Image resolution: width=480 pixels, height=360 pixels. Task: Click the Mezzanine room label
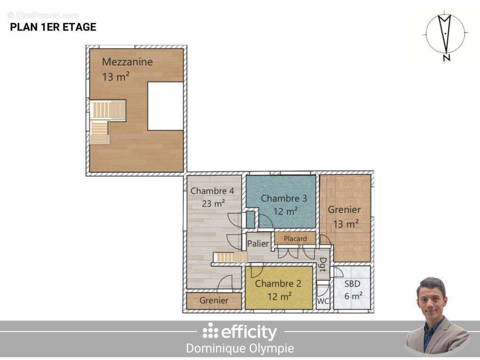tap(127, 62)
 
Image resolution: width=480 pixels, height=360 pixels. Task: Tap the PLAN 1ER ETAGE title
tap(53, 27)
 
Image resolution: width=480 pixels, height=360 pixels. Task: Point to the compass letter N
tap(447, 57)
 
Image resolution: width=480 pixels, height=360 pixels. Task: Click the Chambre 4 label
tap(212, 191)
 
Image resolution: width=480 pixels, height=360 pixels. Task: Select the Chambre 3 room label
tap(284, 198)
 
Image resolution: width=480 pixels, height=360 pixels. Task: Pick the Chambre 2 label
tap(278, 283)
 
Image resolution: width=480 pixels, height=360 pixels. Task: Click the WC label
tap(323, 301)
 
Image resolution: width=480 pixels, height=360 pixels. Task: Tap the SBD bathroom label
tap(353, 284)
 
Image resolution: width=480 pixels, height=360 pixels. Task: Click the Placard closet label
tap(295, 238)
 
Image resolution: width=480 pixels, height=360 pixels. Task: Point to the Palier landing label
tap(258, 243)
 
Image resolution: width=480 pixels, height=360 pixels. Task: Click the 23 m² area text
tap(214, 203)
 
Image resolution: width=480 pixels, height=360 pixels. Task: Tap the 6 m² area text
tap(353, 296)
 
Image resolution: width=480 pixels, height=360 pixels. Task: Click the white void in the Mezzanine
tap(166, 106)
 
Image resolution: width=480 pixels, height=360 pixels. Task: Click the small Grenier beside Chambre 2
tap(214, 300)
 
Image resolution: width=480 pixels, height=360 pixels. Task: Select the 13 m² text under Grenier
tap(346, 224)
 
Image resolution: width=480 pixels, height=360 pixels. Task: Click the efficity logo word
tap(249, 332)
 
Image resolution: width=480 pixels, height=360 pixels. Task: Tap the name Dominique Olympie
tap(240, 348)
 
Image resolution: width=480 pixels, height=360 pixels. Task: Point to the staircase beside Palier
tap(230, 257)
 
